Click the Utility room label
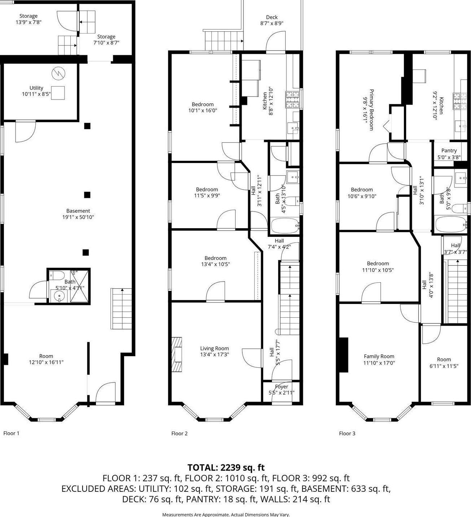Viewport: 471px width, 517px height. pos(36,88)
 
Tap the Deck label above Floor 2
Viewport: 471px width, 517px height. pos(272,17)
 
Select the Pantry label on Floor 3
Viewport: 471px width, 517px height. pos(449,151)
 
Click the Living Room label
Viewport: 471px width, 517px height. pos(215,348)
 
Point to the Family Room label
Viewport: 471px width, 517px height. pos(379,357)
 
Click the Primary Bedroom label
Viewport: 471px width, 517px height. pos(371,110)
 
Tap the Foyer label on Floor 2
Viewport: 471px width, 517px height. pos(281,387)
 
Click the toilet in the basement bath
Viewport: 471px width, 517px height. pos(53,275)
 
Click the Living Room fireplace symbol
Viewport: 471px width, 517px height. pos(177,354)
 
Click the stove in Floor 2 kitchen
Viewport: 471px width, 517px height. pos(292,100)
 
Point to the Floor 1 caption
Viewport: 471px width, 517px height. pos(11,433)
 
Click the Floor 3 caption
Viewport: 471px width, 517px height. pos(347,433)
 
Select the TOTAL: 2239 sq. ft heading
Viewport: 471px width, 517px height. pos(226,468)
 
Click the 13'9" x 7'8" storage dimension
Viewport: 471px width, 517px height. pos(28,22)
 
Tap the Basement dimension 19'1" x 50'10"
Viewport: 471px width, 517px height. pos(78,217)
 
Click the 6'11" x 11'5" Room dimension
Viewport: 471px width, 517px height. pos(444,366)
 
